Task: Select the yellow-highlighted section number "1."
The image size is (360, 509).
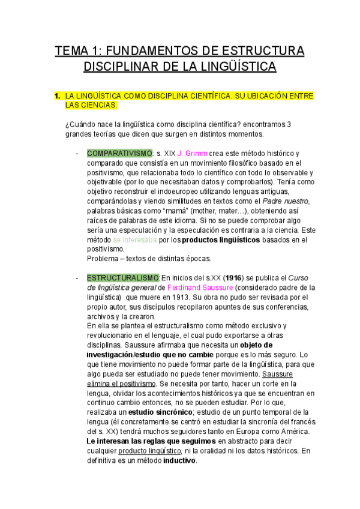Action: pyautogui.click(x=57, y=96)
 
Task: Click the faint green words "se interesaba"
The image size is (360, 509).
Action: pyautogui.click(x=135, y=239)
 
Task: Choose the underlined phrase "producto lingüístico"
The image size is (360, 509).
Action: pyautogui.click(x=150, y=451)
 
